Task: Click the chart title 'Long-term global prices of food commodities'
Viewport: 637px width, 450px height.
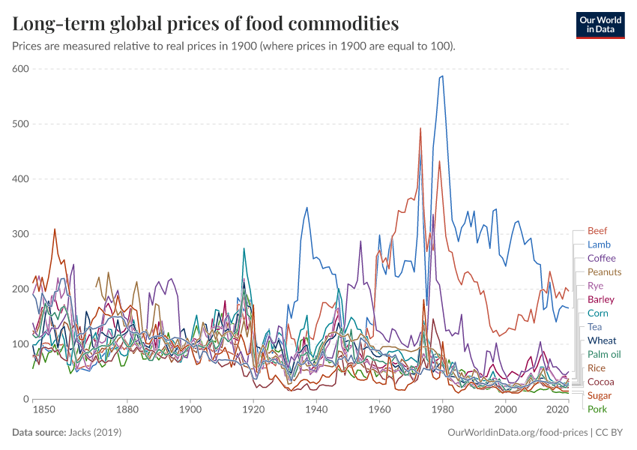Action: point(205,24)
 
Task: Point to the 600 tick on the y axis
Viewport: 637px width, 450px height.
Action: point(20,69)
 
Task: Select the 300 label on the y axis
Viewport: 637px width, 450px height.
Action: point(20,234)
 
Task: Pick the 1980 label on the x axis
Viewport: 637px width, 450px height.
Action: point(442,410)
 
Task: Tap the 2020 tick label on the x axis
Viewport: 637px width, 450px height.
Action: point(557,410)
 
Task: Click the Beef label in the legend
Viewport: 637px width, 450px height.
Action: point(597,231)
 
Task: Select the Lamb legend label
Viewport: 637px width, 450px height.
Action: point(599,244)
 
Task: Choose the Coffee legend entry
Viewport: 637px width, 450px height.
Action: point(601,258)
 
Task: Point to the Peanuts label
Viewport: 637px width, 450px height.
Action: point(604,272)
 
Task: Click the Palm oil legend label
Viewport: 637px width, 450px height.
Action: point(604,354)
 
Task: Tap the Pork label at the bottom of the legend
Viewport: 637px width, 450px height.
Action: point(597,409)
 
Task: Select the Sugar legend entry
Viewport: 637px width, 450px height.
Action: point(599,395)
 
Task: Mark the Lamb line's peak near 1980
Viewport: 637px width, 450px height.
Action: point(442,76)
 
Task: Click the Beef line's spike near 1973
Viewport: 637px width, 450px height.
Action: point(420,128)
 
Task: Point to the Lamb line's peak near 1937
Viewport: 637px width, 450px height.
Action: point(307,208)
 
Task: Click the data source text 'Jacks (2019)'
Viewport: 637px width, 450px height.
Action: point(96,433)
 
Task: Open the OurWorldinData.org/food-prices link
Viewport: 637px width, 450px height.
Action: point(516,433)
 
